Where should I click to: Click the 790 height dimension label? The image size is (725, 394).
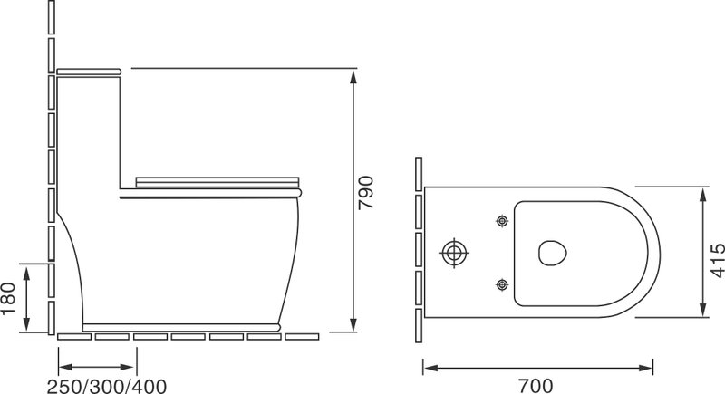[x=366, y=192]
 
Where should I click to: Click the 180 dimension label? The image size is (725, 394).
[x=8, y=298]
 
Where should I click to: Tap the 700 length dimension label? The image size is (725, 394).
[x=536, y=386]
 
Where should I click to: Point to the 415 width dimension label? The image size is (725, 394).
[x=718, y=261]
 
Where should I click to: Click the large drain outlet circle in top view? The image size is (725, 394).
[x=453, y=253]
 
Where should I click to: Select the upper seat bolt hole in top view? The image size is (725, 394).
[x=502, y=221]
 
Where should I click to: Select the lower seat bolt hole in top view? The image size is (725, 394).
[x=502, y=284]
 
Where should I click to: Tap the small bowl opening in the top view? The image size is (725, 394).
[x=553, y=253]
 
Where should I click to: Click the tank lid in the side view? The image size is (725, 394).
[x=89, y=72]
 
